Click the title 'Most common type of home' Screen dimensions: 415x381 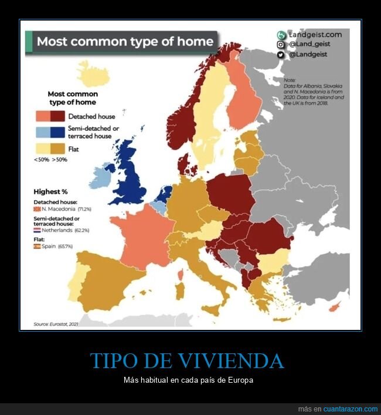(x=124, y=42)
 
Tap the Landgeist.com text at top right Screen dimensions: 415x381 (x=315, y=35)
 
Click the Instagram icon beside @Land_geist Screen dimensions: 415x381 (x=281, y=45)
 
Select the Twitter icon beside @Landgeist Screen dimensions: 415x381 (x=281, y=55)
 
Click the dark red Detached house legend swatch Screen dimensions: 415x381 (x=57, y=116)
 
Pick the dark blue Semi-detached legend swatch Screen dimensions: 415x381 (x=57, y=132)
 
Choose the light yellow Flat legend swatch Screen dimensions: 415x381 (x=42, y=149)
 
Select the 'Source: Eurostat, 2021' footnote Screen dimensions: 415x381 (x=56, y=323)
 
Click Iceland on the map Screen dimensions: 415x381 (x=93, y=74)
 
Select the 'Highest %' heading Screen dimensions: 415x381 (x=51, y=191)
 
